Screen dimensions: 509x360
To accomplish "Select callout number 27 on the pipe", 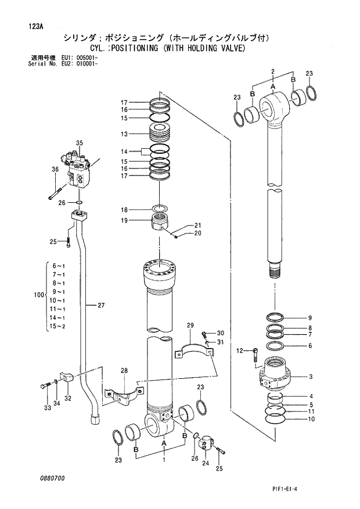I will coord(101,305).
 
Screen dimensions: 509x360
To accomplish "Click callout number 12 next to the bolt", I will coord(239,350).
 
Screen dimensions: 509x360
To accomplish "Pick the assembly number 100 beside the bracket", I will coord(39,295).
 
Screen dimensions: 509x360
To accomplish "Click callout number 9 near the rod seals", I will coord(309,318).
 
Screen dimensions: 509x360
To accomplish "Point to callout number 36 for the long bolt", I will coord(55,170).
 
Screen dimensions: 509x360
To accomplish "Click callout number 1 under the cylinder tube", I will coord(164,460).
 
